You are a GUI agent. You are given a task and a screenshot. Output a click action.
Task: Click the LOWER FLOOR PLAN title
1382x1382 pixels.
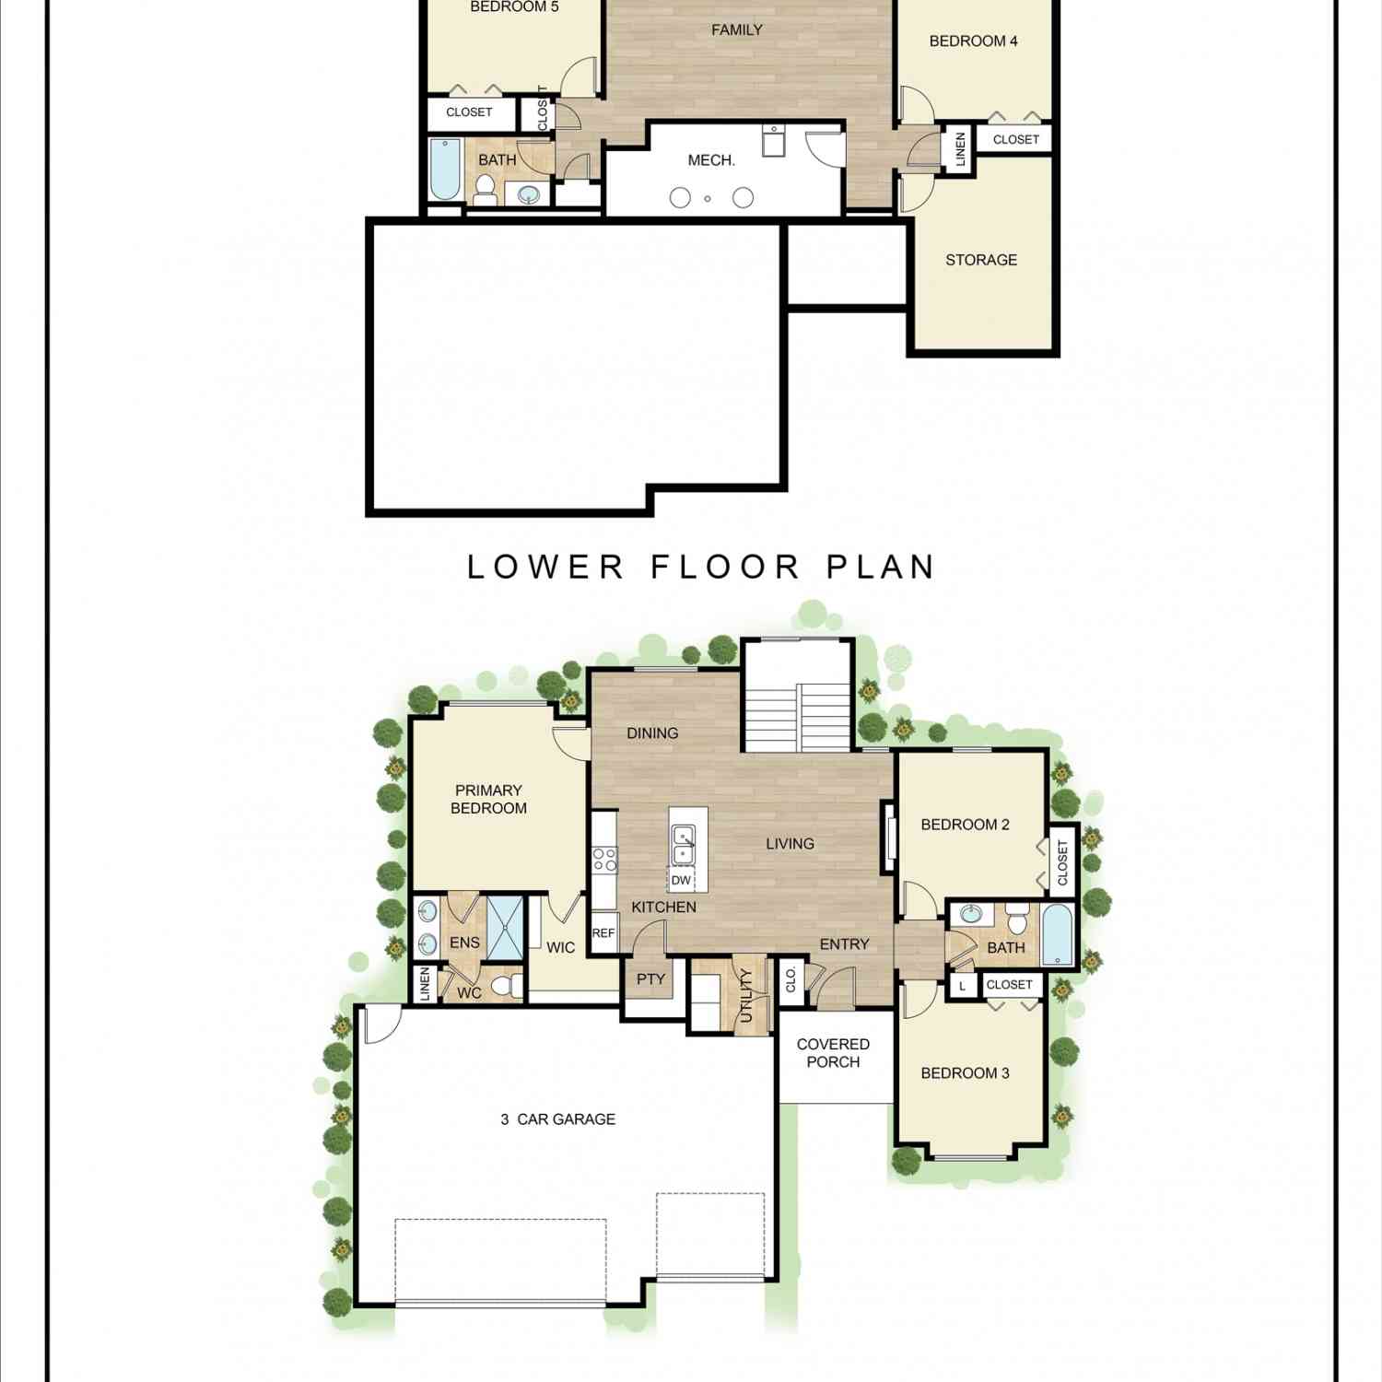(701, 567)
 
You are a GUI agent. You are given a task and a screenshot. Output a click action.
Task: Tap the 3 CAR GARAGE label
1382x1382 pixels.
(557, 1119)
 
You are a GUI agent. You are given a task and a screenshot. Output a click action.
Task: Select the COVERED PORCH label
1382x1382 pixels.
(833, 1053)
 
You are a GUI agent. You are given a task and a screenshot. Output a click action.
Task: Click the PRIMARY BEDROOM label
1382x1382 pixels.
(488, 799)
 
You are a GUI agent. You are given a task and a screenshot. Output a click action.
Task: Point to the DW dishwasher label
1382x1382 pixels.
(681, 881)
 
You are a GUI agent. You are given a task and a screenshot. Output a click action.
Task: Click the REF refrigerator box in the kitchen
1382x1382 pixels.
(603, 933)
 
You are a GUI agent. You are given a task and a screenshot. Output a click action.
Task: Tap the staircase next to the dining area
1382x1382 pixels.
(796, 718)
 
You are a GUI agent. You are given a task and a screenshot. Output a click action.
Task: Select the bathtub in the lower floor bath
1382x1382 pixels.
(445, 169)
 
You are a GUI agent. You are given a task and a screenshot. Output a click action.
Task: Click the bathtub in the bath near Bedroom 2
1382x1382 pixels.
(1058, 935)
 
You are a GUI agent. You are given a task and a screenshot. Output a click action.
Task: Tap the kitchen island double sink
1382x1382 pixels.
(683, 846)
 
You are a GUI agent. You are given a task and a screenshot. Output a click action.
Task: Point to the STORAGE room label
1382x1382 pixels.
(981, 260)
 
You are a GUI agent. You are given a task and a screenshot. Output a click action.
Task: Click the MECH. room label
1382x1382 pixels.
(711, 160)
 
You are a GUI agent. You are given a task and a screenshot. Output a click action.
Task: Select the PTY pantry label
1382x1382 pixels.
(650, 979)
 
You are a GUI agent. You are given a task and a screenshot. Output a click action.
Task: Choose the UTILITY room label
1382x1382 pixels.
(746, 996)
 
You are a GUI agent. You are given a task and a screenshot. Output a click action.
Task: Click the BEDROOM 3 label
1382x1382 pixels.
(965, 1073)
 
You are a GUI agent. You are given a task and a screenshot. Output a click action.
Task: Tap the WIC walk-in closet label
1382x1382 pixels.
(560, 947)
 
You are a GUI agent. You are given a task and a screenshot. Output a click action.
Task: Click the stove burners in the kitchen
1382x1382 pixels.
(604, 860)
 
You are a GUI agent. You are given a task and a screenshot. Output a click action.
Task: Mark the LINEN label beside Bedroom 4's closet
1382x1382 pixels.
(960, 149)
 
